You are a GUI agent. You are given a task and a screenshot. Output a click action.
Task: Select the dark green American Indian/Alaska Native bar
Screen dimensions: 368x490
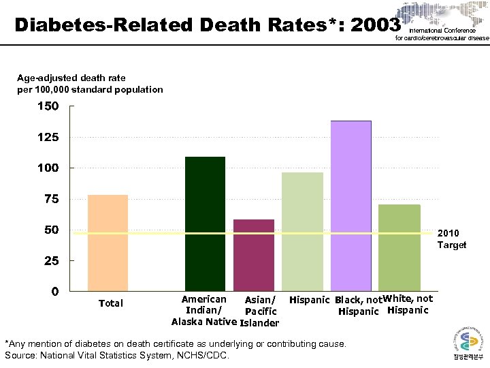205,224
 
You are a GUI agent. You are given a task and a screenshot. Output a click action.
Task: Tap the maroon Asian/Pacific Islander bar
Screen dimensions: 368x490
253,256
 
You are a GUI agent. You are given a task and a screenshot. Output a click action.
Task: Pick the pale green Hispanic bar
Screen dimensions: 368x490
302,232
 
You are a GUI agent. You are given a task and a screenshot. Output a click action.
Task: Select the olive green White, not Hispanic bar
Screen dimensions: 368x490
399,248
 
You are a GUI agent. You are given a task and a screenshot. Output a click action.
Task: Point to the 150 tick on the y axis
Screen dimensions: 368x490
48,106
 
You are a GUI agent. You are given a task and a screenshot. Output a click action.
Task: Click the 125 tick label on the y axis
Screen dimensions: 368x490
48,137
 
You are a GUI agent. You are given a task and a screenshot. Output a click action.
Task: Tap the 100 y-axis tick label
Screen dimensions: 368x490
48,168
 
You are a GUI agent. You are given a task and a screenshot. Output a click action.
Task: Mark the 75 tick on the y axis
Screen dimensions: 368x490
51,199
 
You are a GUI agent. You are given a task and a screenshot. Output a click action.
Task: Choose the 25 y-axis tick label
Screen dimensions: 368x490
51,261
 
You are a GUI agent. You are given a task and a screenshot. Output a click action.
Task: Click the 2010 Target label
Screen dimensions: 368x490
452,239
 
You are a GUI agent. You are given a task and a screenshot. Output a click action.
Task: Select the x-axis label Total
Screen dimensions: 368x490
111,303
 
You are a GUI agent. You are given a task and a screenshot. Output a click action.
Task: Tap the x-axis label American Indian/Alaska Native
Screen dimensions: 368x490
203,311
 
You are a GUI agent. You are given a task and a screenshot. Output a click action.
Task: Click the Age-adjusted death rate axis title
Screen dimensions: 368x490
90,84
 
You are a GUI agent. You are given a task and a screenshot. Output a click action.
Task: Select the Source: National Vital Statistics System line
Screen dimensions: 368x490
117,355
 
